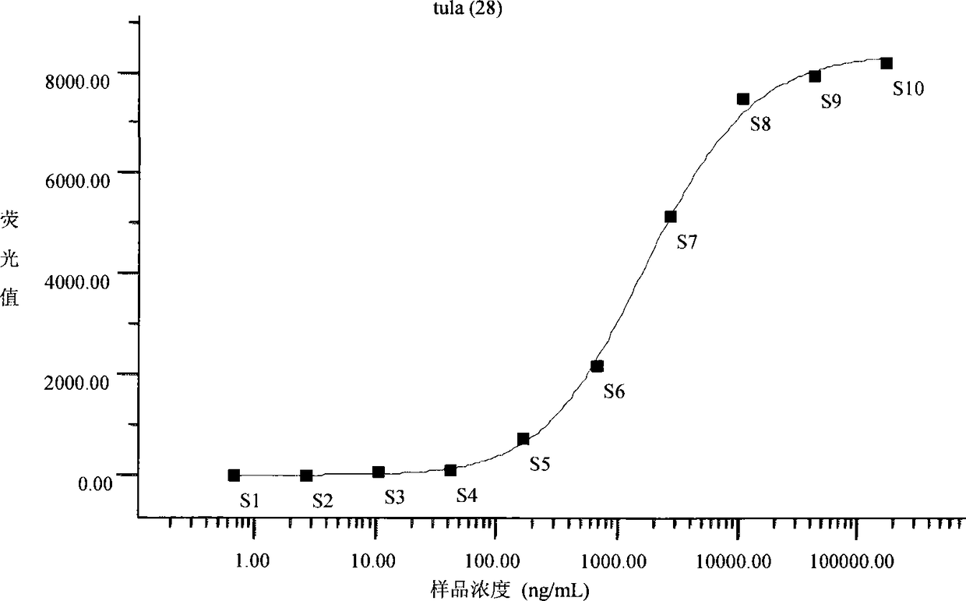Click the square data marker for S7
671,217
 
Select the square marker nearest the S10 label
887,63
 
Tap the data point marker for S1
234,475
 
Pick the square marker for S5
523,439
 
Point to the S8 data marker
743,99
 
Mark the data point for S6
598,366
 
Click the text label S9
830,101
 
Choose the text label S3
395,497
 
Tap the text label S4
467,496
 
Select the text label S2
323,501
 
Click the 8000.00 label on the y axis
78,82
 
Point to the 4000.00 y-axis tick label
77,282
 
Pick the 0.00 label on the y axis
95,483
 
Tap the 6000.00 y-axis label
78,181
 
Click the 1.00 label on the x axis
252,561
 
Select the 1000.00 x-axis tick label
614,562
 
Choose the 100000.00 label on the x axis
851,562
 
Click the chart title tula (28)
468,9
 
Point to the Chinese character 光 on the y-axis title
9,259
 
